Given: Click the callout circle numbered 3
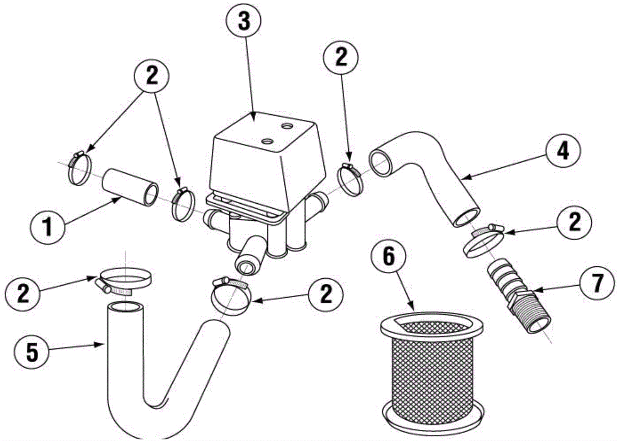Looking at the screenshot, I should [244, 22].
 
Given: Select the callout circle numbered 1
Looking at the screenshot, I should [48, 226].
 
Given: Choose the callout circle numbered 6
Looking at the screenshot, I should [389, 257].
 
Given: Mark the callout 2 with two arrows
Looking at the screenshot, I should [152, 76].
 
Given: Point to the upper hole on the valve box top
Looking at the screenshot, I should [287, 126].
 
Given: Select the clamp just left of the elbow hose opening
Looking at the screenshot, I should [350, 178].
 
